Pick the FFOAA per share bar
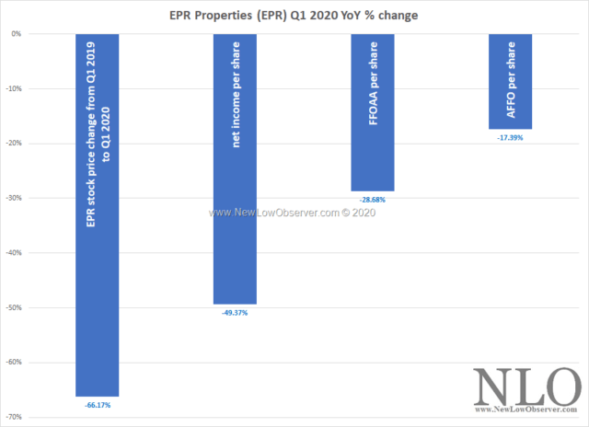pos(373,111)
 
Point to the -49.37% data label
pos(235,312)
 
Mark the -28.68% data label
pos(373,198)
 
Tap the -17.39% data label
pos(511,137)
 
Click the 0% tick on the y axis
pos(17,34)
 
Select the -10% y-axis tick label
pos(15,88)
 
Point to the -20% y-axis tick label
pos(15,144)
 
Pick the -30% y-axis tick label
pos(15,198)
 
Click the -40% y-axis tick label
pos(15,253)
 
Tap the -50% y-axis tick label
pos(15,307)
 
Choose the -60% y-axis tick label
pos(15,363)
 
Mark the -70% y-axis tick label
pos(15,417)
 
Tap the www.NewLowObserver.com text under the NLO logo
pos(525,411)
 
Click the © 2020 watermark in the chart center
pos(364,212)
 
